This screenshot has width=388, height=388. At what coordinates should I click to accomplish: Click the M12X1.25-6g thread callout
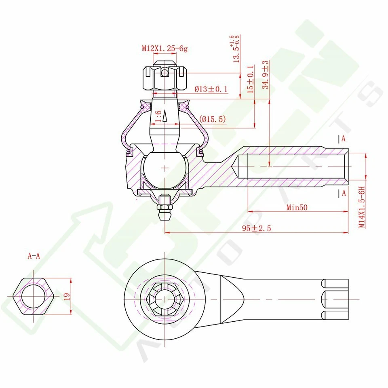[x=164, y=48]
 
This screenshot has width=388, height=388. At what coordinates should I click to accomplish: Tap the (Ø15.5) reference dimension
[x=213, y=119]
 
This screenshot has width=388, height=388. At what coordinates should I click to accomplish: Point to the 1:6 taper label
[x=158, y=116]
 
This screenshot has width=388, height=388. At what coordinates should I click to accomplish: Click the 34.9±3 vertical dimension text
[x=266, y=75]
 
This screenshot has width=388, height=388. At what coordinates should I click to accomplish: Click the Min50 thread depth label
[x=297, y=208]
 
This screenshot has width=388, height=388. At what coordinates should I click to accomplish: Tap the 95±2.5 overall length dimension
[x=256, y=228]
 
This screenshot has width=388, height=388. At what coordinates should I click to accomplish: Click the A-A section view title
[x=34, y=256]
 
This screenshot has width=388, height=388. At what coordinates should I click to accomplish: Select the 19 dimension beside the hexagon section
[x=67, y=296]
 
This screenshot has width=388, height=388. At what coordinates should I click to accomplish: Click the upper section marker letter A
[x=344, y=139]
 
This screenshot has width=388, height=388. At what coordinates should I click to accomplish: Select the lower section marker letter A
[x=344, y=193]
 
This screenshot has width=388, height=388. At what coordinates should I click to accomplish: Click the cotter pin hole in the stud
[x=165, y=72]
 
